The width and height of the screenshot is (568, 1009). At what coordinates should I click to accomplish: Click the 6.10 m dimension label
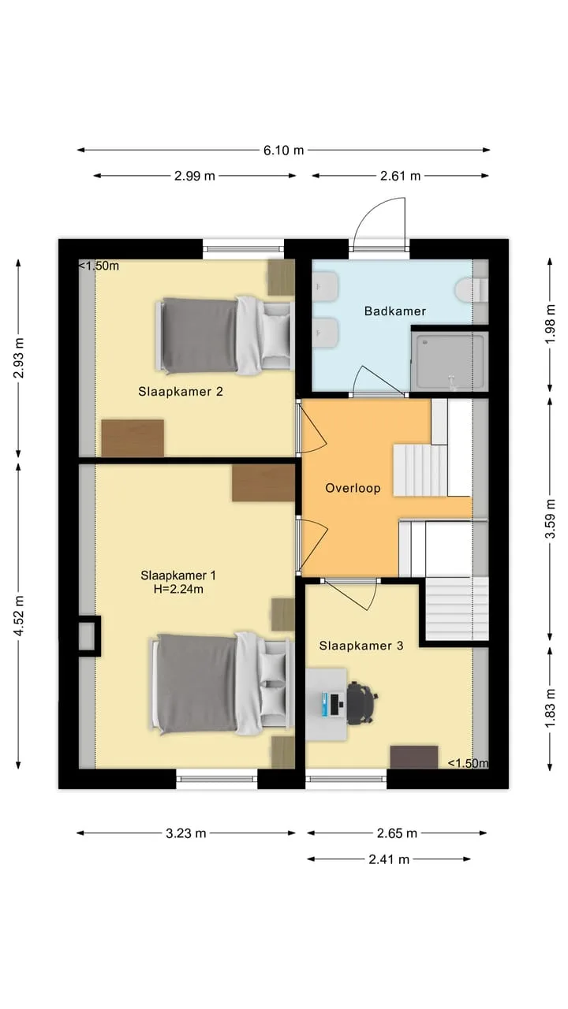(283, 151)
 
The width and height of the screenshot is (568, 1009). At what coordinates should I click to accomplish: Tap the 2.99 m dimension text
(195, 176)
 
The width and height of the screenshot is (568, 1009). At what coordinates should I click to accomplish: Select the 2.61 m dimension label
(400, 176)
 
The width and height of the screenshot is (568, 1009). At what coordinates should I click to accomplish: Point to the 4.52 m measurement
(19, 616)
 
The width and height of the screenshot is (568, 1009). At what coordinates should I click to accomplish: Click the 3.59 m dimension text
(551, 519)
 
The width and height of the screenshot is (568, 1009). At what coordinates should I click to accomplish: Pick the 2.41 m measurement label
(389, 859)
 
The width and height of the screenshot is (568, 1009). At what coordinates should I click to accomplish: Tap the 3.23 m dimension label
(185, 833)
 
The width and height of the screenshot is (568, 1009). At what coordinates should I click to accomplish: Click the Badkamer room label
(395, 311)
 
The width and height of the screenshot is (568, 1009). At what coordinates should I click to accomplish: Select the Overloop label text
(353, 488)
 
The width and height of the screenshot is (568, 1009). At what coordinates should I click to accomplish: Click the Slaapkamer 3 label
(361, 646)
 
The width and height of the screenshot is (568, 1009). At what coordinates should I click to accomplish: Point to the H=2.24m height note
(178, 589)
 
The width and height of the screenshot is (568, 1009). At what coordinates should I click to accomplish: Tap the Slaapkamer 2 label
(181, 392)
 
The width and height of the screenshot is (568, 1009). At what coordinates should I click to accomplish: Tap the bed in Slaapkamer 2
(225, 336)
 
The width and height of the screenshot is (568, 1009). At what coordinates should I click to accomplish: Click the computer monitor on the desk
(334, 705)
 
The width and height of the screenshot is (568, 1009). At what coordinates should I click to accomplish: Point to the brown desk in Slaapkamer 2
(133, 438)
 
